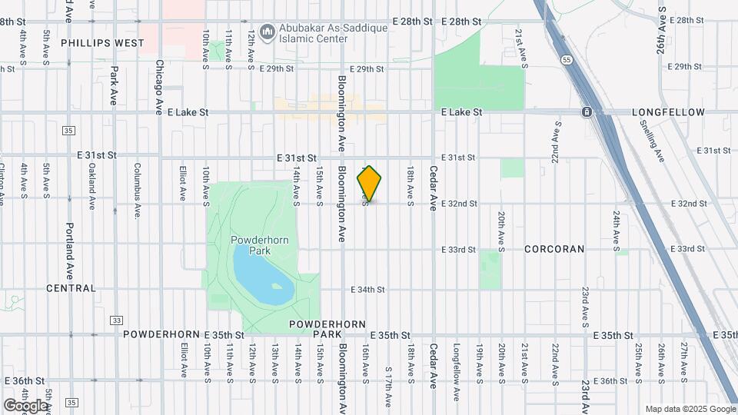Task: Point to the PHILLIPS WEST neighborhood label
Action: pos(103,44)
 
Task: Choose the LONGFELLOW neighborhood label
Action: pos(668,112)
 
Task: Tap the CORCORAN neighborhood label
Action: pos(554,249)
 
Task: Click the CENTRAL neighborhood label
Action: pos(71,288)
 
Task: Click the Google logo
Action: pos(25,405)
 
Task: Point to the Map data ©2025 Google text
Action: pos(690,409)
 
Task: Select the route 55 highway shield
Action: pos(567,59)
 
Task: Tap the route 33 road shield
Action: pos(116,320)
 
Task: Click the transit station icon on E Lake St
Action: pos(587,112)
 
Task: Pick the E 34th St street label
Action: pos(367,290)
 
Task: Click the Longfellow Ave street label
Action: pos(455,372)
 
